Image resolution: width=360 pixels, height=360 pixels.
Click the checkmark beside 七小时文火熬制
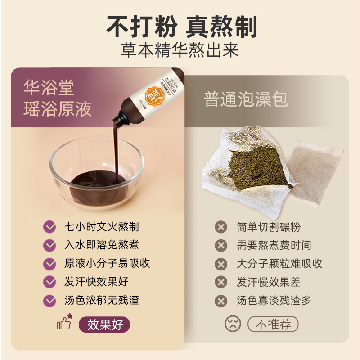pyautogui.click(x=49, y=226)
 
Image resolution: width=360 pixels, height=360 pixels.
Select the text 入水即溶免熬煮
pyautogui.click(x=101, y=245)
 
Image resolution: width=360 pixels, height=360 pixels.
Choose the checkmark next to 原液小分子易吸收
pyautogui.click(x=49, y=263)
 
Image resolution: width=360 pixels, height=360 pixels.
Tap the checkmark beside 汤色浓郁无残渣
pyautogui.click(x=49, y=300)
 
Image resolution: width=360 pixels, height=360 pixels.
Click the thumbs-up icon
pyautogui.click(x=64, y=322)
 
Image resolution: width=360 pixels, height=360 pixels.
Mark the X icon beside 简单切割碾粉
pyautogui.click(x=221, y=227)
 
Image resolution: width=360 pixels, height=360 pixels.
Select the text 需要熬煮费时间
pyautogui.click(x=274, y=245)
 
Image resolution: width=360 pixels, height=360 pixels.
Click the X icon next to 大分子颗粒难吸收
pyautogui.click(x=221, y=264)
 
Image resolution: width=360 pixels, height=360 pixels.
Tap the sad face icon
pyautogui.click(x=233, y=324)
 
